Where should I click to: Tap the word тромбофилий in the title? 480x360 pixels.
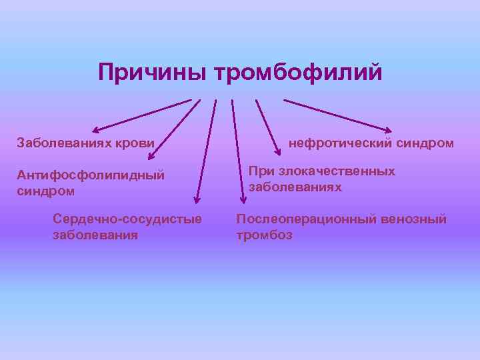(x=298, y=73)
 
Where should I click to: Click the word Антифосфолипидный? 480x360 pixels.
(x=91, y=175)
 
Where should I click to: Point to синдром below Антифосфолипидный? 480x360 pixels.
(x=45, y=191)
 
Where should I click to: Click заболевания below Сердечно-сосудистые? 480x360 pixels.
(x=95, y=235)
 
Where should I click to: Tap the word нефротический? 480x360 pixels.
(x=341, y=143)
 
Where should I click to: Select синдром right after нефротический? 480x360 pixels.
(x=425, y=143)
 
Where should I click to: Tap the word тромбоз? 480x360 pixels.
(x=264, y=235)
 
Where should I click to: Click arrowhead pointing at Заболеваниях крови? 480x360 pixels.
(x=95, y=129)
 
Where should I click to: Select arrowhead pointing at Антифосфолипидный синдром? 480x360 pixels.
(x=151, y=157)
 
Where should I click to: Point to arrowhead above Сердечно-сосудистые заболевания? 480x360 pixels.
(x=197, y=198)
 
